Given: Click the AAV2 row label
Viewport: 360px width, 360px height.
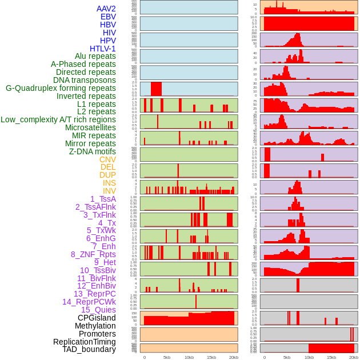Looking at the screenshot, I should [106, 9].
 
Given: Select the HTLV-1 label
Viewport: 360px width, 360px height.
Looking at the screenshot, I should [103, 49].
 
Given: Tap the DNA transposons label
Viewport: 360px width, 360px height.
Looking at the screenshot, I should [85, 80].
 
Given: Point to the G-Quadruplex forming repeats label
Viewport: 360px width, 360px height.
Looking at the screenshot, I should [61, 88].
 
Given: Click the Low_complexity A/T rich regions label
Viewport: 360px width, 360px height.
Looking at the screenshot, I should [58, 119].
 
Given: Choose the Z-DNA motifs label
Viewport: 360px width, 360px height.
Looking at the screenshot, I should [93, 151].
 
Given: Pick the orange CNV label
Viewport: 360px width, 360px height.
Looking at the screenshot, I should [107, 159].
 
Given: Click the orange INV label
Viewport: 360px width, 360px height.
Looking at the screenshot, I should [109, 191].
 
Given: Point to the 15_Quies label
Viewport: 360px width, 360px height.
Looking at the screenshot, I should [98, 310].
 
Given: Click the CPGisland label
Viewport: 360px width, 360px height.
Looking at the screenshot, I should [97, 318].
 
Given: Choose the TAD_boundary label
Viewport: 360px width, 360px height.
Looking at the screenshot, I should [89, 349].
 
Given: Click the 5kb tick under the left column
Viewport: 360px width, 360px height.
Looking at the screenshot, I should [167, 357].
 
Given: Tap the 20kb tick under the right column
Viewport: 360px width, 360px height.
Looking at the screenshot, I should [354, 357].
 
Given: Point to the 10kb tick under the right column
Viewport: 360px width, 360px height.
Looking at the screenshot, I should [309, 357].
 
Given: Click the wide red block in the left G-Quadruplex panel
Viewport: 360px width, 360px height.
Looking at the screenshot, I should [156, 89].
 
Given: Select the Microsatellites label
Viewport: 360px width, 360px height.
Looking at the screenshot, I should [90, 127].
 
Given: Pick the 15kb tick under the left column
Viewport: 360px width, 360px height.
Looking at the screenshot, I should [211, 357].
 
